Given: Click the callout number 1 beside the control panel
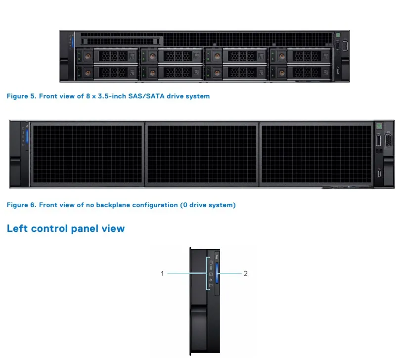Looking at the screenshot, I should [162, 273].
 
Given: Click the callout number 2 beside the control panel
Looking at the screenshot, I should [246, 273].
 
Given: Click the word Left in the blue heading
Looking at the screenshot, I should [17, 228].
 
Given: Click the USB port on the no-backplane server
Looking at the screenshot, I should [378, 141].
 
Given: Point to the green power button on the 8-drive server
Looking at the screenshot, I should [338, 36].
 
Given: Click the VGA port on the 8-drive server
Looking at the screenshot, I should [345, 46].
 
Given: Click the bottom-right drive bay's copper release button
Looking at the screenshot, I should [281, 73].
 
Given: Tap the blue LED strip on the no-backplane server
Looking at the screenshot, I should [27, 135].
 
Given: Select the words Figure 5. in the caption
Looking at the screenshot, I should [21, 96].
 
